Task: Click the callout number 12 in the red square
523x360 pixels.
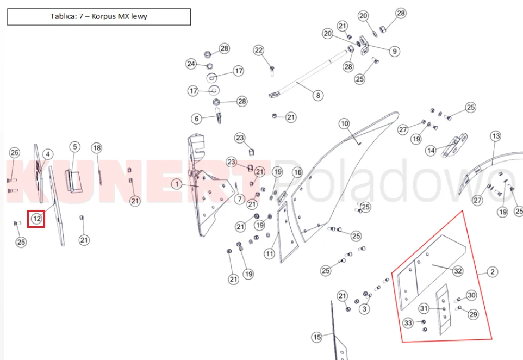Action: [36, 219]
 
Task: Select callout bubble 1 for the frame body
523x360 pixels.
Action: [177, 184]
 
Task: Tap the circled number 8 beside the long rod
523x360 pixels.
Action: [318, 95]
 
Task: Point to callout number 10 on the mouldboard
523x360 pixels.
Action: [344, 124]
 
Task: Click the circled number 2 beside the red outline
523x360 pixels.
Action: [493, 272]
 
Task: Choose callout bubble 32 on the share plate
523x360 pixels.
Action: [458, 271]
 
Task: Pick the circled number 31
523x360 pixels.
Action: [424, 308]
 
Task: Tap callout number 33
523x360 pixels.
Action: [408, 323]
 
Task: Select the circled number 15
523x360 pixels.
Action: [317, 337]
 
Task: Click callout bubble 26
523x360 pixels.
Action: [14, 153]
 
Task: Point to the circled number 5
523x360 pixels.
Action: [74, 147]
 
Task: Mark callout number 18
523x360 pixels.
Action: [97, 148]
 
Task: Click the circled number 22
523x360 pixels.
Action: [258, 51]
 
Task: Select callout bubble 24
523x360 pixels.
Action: [191, 64]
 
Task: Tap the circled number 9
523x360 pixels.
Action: [395, 51]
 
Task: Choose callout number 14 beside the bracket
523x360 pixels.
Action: [431, 151]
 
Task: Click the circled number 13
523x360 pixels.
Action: [496, 136]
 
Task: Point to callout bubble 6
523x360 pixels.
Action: [196, 119]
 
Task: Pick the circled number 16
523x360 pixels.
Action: [297, 172]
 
